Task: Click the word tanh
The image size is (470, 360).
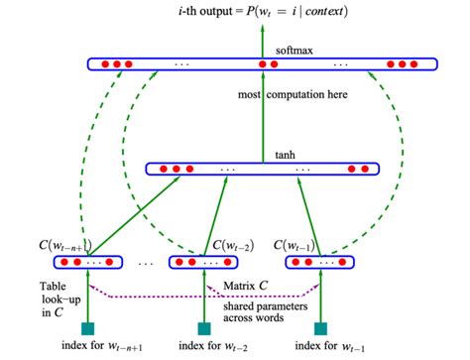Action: tap(284, 155)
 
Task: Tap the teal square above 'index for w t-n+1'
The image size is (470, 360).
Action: tap(87, 327)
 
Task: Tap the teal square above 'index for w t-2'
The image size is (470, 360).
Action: tap(204, 327)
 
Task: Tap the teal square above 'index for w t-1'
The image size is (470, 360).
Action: tap(320, 327)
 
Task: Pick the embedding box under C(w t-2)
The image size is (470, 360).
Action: tap(205, 263)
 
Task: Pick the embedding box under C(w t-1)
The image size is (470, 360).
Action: tap(319, 263)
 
